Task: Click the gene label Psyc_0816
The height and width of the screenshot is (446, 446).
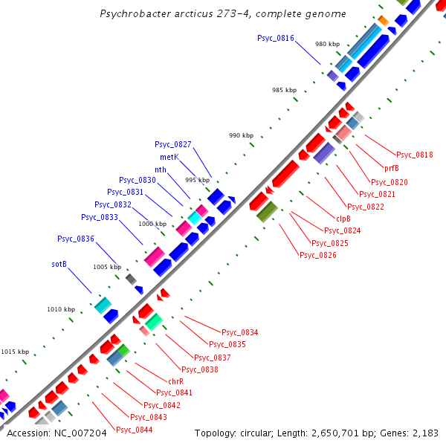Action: click(x=276, y=38)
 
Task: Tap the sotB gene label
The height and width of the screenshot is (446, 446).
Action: click(x=59, y=264)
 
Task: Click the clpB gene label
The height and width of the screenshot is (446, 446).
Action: click(x=343, y=219)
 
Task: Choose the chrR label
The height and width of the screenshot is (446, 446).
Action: click(x=176, y=381)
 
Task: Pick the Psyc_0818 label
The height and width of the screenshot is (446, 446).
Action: click(x=414, y=155)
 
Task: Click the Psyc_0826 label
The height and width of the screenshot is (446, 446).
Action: click(x=317, y=256)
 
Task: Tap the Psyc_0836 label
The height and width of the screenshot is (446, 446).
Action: click(x=76, y=239)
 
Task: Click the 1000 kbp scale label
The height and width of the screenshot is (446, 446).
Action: click(x=152, y=223)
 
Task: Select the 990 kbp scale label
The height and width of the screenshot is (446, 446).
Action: click(x=241, y=136)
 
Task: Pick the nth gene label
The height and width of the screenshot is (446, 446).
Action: click(x=161, y=169)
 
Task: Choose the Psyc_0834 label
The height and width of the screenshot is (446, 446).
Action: click(x=240, y=332)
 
